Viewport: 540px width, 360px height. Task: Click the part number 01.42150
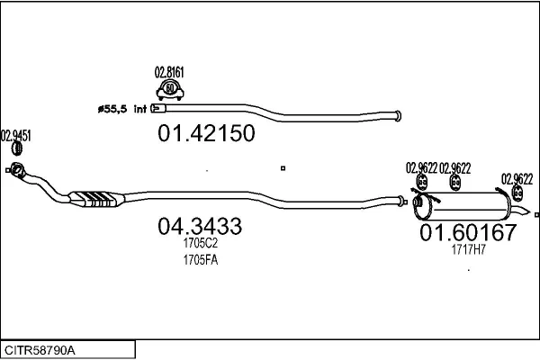pos(206,133)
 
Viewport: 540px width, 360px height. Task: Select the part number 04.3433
pos(200,226)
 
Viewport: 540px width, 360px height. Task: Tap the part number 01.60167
pos(468,232)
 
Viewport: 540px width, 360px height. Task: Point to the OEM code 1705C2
pos(201,243)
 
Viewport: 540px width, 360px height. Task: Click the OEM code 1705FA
pos(201,260)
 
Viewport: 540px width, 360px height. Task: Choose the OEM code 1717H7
pos(468,249)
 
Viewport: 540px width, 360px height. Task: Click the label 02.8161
pos(169,72)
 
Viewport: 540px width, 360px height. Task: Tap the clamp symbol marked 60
pos(170,90)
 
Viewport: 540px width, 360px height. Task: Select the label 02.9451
pos(16,136)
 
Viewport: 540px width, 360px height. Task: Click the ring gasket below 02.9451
pos(17,148)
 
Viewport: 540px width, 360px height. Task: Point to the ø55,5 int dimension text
pos(122,109)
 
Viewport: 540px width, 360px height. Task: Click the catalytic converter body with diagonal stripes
pos(96,199)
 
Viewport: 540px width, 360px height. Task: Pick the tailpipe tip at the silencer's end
pos(520,210)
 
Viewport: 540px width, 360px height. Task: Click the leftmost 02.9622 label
pos(421,168)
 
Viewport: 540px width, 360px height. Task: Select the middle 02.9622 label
pos(454,168)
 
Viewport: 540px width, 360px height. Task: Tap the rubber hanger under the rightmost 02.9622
pos(517,193)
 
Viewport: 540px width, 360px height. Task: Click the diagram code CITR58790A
pos(40,350)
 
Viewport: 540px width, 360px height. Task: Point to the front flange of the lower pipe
pos(16,170)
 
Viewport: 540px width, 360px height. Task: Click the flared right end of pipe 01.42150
pos(398,116)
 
